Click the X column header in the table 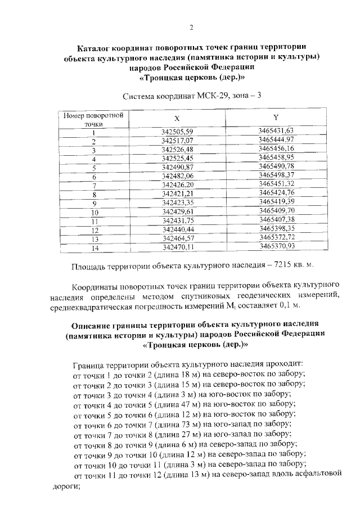[177, 119]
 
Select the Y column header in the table [276, 117]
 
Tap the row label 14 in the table [94, 248]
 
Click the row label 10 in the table [94, 213]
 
